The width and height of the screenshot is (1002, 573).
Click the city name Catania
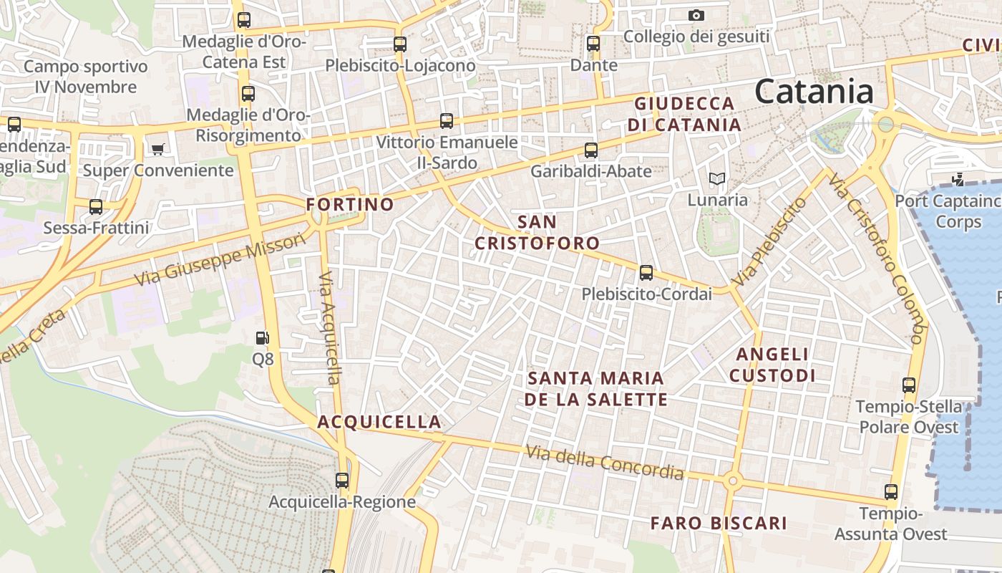click(x=814, y=92)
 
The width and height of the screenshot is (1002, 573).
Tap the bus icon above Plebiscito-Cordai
click(x=646, y=273)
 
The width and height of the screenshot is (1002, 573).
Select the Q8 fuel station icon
click(x=263, y=338)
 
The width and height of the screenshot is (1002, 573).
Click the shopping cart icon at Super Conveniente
click(x=157, y=150)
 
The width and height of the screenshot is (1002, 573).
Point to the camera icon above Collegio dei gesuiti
click(x=696, y=15)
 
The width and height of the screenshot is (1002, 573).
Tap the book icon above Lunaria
click(x=716, y=179)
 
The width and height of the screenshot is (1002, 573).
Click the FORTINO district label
click(x=350, y=205)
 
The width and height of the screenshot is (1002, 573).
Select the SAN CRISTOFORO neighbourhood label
click(x=537, y=232)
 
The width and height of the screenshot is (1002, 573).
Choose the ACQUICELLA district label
click(x=379, y=422)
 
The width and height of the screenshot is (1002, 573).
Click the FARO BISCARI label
click(x=719, y=524)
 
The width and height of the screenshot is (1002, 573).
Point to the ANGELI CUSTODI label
click(x=772, y=365)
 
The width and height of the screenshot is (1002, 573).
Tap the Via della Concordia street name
click(x=605, y=463)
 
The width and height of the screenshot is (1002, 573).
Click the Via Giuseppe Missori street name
click(x=220, y=259)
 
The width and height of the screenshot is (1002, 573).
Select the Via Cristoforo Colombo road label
click(x=877, y=257)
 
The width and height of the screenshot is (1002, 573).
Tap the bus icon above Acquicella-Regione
click(x=342, y=480)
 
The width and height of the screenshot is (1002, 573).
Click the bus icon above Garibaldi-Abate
click(x=591, y=150)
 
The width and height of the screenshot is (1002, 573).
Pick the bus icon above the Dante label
click(x=593, y=44)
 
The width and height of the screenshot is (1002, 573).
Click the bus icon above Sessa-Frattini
click(x=96, y=207)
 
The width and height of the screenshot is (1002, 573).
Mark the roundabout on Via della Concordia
click(x=731, y=481)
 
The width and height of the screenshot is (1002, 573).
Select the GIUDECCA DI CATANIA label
click(x=684, y=114)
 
